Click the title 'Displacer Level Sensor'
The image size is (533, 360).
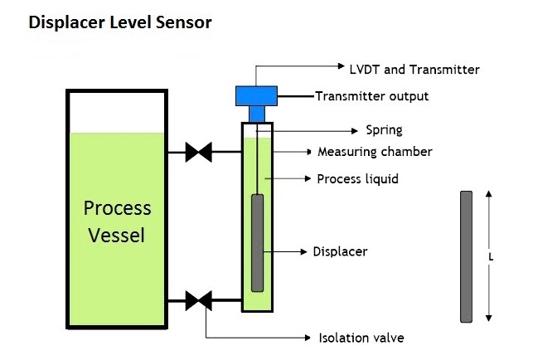(x=120, y=22)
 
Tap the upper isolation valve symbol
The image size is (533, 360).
(x=198, y=152)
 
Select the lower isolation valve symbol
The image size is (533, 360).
(x=198, y=301)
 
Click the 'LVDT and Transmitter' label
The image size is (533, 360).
(x=414, y=70)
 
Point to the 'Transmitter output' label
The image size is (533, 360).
(x=372, y=96)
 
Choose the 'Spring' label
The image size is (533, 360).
(x=384, y=130)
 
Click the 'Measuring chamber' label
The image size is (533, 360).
(x=375, y=152)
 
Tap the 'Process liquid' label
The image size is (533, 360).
(x=357, y=179)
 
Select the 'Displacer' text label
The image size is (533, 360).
(x=340, y=252)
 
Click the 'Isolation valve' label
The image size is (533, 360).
(x=361, y=338)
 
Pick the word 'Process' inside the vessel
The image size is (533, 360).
(x=117, y=208)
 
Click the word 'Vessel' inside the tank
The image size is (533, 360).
(x=117, y=235)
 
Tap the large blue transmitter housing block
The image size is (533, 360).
(x=257, y=96)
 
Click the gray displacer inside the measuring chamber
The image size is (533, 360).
(x=257, y=243)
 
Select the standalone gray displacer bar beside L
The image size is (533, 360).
(x=467, y=256)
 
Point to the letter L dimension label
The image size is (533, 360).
(x=491, y=258)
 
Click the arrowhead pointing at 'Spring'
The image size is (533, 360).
(x=355, y=131)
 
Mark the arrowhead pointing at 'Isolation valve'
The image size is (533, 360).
(x=308, y=338)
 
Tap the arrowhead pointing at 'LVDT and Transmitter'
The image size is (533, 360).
(x=342, y=66)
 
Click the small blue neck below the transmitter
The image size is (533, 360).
(x=257, y=114)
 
